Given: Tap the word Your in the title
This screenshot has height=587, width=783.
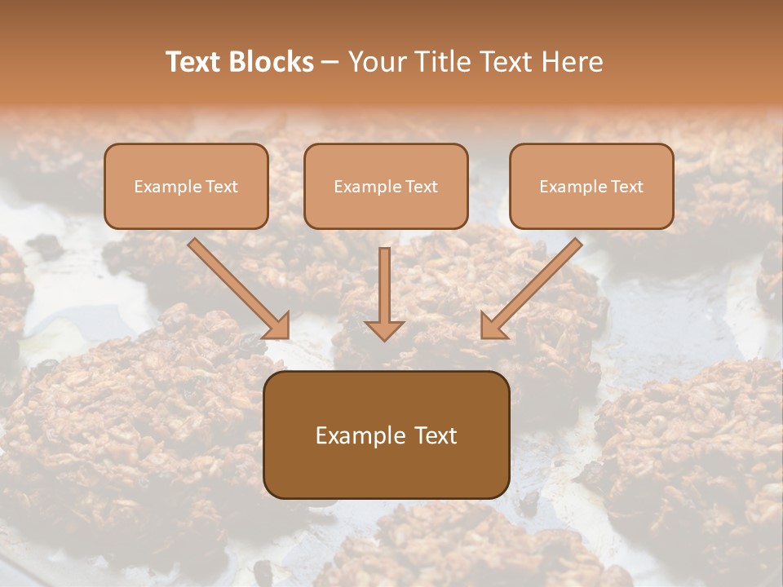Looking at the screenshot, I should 373,62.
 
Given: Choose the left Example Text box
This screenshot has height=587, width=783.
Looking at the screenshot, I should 186,186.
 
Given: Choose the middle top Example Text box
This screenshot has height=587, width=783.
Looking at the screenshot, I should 386,186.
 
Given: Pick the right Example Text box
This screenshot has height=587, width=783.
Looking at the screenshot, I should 591,186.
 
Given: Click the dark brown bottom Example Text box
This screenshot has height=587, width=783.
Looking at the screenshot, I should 386,435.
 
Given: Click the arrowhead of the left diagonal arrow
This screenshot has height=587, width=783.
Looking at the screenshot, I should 278,326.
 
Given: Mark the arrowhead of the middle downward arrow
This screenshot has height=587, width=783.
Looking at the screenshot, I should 384,329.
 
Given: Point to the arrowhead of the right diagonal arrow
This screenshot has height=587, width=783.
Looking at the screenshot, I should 492,326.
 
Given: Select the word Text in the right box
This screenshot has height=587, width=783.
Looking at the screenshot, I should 628,187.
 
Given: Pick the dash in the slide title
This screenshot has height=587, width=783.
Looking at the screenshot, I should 330,63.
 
